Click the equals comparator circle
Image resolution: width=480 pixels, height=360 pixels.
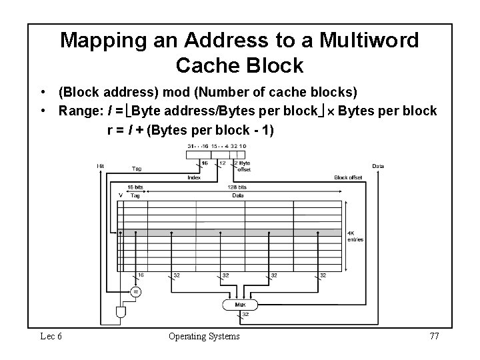point(135,291)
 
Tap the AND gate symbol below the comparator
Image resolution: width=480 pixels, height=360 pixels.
point(121,312)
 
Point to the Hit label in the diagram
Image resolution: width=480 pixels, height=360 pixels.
point(100,166)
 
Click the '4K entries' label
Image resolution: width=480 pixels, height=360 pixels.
point(355,237)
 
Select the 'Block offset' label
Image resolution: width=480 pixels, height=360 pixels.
point(349,177)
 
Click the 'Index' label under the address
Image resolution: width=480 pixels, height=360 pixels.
point(194,177)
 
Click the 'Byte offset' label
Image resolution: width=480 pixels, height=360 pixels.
point(245,165)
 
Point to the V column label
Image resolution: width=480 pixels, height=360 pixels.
point(120,195)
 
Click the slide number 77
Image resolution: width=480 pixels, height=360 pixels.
point(433,336)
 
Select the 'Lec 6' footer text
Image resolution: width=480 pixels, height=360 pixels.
point(51,336)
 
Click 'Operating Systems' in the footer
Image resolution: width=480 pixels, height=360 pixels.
point(204,336)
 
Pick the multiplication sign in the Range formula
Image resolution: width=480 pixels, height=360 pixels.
point(328,111)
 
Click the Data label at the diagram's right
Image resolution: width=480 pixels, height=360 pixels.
point(377,166)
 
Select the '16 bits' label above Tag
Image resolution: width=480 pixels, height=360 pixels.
point(135,188)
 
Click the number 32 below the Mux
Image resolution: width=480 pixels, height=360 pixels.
point(245,314)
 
